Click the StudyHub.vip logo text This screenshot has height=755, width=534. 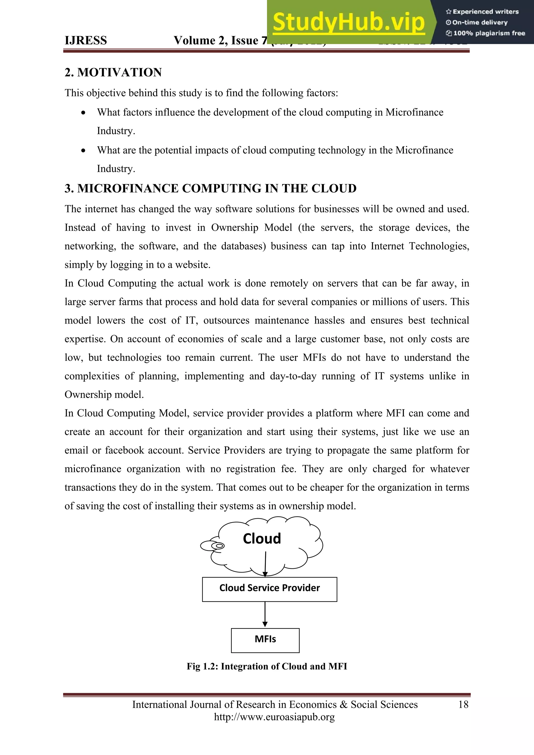[349, 22]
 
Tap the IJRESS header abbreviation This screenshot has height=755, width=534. [86, 40]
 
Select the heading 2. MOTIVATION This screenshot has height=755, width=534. [113, 72]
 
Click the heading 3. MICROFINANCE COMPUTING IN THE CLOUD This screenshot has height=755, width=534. [210, 188]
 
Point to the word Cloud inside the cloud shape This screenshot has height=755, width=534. [262, 539]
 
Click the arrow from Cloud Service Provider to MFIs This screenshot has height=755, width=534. [265, 614]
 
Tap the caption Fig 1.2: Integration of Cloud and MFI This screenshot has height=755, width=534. [267, 666]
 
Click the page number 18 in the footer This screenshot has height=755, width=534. [463, 704]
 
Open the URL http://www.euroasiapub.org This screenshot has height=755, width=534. [274, 717]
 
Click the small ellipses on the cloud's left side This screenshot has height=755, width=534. [213, 546]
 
